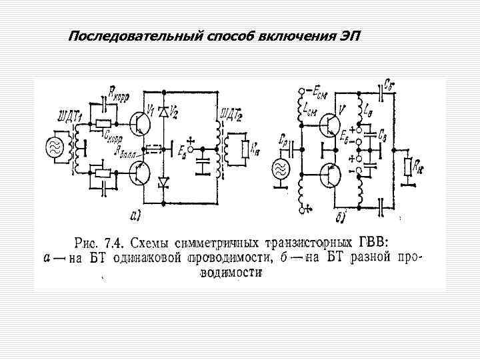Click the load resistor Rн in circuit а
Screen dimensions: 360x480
click(246, 147)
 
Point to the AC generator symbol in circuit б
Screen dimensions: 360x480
click(279, 166)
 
